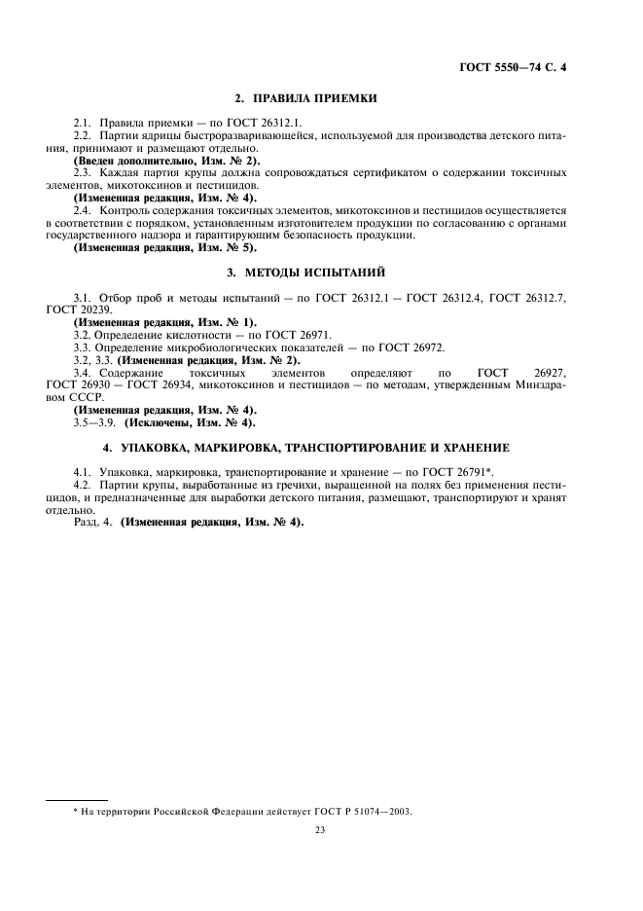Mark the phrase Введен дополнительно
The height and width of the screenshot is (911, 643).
pos(122,160)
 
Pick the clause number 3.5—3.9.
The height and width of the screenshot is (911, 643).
pos(94,423)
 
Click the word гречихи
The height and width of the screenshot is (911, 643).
pos(281,484)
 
